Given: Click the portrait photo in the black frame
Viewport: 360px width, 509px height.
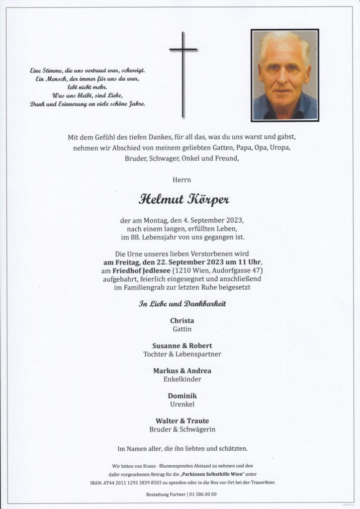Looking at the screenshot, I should coord(284,75).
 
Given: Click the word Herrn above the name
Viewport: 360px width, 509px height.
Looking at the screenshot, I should coord(180,179).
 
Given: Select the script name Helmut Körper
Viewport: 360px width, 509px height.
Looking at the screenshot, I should coord(180,200).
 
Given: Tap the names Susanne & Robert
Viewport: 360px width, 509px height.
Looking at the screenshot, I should coord(180,345).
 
